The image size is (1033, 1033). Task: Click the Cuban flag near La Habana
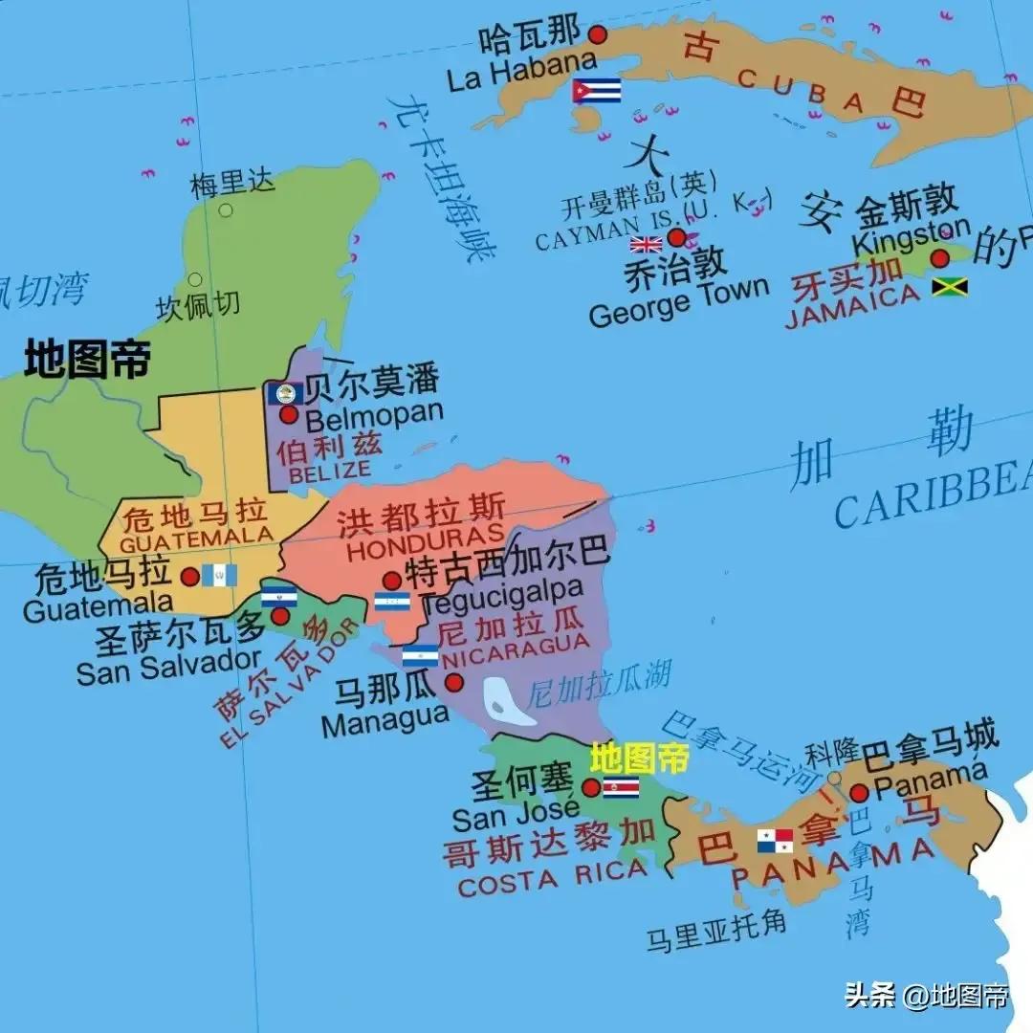[596, 91]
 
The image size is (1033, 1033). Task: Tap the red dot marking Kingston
[939, 258]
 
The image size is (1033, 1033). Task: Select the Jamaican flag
[950, 286]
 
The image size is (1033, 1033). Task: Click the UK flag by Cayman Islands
[646, 244]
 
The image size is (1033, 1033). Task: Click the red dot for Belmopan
[289, 415]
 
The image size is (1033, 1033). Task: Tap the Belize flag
[284, 393]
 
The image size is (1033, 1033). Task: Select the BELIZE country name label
[329, 471]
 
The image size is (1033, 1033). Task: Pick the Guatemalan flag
[219, 575]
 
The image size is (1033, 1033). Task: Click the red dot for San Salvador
[279, 616]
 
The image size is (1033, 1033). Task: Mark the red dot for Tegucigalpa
[391, 581]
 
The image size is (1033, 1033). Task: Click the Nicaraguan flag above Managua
[420, 656]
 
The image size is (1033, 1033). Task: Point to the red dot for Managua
[453, 682]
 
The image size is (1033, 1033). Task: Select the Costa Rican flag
[621, 787]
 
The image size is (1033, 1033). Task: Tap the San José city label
[516, 819]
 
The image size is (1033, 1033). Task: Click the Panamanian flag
[775, 841]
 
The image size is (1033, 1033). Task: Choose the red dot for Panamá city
[858, 792]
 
